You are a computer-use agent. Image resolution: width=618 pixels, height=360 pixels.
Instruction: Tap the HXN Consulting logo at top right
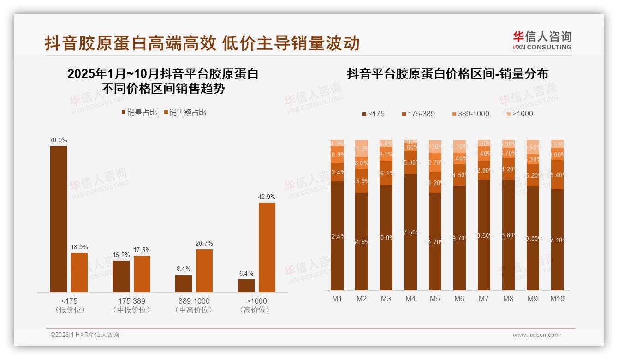pyautogui.click(x=542, y=41)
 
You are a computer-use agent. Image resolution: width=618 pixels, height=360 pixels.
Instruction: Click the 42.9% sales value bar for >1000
pyautogui.click(x=267, y=247)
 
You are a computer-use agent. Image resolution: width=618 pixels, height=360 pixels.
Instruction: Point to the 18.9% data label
pyautogui.click(x=79, y=247)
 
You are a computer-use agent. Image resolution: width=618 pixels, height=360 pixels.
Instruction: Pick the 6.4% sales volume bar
pyautogui.click(x=246, y=285)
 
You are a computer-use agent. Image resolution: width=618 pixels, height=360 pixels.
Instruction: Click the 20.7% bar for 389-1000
pyautogui.click(x=204, y=270)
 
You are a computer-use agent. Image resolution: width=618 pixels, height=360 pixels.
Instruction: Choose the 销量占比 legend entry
pyautogui.click(x=139, y=113)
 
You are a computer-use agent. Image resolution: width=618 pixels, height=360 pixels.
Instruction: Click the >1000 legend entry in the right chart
pyautogui.click(x=519, y=114)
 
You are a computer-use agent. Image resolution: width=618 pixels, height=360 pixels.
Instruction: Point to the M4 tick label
pyautogui.click(x=410, y=299)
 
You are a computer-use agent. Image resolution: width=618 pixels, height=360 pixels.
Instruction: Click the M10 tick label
pyautogui.click(x=557, y=299)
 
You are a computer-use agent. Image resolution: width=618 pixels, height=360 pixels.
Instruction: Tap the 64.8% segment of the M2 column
pyautogui.click(x=362, y=241)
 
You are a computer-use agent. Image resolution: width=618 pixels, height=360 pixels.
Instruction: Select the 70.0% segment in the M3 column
pyautogui.click(x=386, y=237)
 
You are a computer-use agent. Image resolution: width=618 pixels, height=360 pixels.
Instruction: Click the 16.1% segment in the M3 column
pyautogui.click(x=386, y=173)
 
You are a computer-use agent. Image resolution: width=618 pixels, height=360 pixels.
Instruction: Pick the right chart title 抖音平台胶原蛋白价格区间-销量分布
pyautogui.click(x=447, y=74)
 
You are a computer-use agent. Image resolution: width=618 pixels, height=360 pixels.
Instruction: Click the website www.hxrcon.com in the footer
pyautogui.click(x=536, y=335)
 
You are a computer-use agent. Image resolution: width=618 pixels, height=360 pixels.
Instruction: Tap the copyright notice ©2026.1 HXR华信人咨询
pyautogui.click(x=85, y=335)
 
